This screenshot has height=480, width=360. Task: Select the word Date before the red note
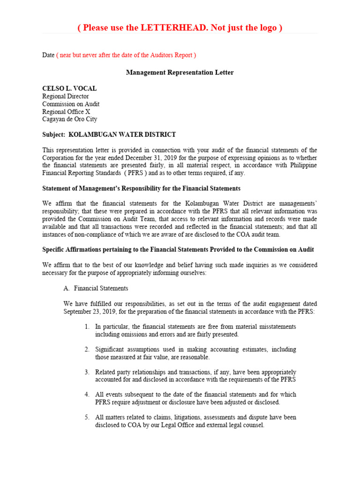48,55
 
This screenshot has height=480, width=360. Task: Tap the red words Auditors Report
172,55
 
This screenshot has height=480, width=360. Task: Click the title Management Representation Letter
180,73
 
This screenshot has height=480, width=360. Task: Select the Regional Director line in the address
65,97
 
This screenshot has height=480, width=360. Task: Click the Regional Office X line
66,112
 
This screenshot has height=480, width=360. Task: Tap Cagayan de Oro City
70,120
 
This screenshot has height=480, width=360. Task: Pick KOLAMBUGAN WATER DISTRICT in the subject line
122,135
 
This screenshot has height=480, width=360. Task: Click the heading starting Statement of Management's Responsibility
141,188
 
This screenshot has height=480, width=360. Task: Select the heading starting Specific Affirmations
178,249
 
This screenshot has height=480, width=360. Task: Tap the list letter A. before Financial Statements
66,288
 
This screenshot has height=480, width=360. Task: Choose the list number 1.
87,327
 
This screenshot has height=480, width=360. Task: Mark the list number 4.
87,395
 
